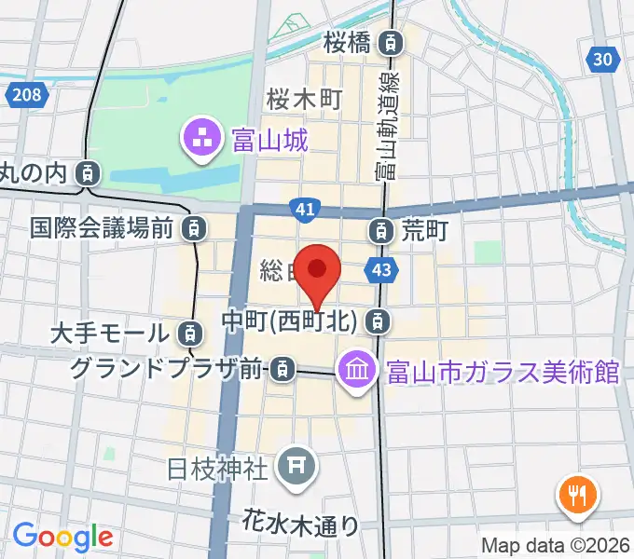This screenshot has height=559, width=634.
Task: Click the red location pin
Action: point(317,272)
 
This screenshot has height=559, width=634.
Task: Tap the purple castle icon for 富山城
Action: point(201,140)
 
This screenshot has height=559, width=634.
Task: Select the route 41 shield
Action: point(304,211)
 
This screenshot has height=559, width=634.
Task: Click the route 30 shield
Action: point(604,60)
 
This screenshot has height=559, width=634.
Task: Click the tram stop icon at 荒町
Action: point(381,228)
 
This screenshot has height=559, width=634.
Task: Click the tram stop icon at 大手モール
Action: point(189,333)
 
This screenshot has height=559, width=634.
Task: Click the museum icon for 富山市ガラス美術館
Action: point(357,372)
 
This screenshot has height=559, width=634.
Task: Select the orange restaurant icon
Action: point(578,495)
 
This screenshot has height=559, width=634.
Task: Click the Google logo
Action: point(62,537)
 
